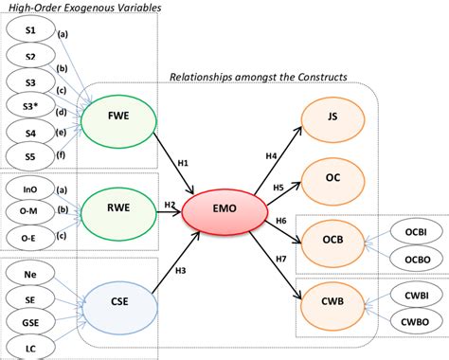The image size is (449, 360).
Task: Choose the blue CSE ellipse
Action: pyautogui.click(x=118, y=304)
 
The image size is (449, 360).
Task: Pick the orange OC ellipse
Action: pyautogui.click(x=328, y=177)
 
